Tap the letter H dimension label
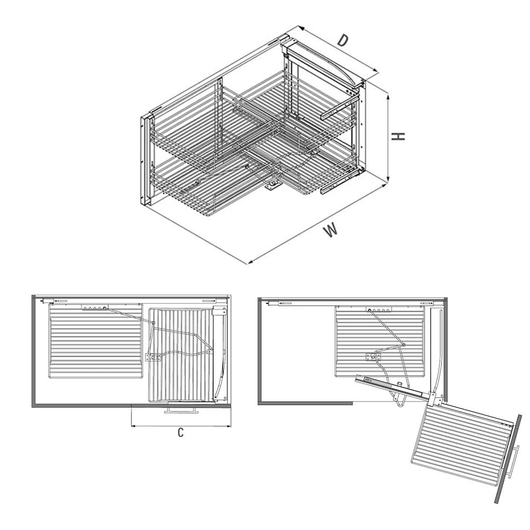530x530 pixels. click(398, 136)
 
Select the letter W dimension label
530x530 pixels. click(331, 230)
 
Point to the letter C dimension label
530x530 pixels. click(181, 432)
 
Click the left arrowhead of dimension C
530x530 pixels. click(134, 426)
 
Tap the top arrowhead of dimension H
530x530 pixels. click(388, 98)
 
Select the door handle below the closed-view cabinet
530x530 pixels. click(181, 410)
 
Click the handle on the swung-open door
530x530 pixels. click(513, 462)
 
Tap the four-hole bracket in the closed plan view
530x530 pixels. click(95, 307)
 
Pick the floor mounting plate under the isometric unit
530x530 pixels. click(272, 185)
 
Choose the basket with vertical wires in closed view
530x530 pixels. click(181, 355)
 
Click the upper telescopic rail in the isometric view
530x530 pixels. click(338, 110)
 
